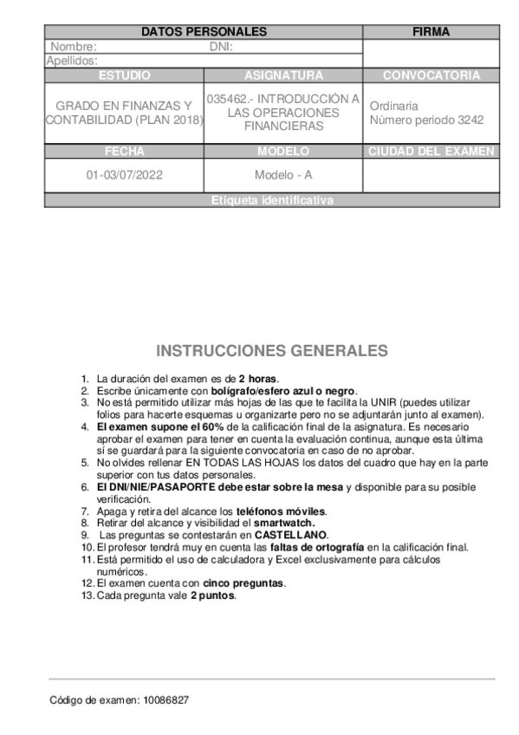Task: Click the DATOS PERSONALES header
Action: point(204,32)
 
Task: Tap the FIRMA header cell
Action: point(431,32)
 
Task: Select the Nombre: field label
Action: point(74,47)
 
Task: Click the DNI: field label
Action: point(221,47)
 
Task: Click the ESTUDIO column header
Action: point(124,75)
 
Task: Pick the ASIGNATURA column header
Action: point(283,75)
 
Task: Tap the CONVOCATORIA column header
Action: point(431,75)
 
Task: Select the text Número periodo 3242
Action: point(426,120)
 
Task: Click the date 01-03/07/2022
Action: point(124,174)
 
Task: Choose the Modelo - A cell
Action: point(283,174)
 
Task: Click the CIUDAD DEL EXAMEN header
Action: point(431,152)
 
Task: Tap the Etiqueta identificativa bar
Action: point(272,200)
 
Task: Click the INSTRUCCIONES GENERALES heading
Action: point(272,351)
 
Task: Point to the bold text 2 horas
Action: point(257,379)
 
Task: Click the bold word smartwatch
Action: point(283,524)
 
